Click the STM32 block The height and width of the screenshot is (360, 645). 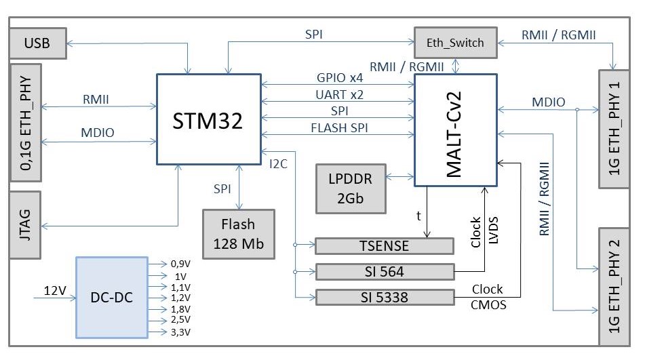(208, 119)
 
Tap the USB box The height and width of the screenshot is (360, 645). (37, 44)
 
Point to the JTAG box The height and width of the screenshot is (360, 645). (26, 224)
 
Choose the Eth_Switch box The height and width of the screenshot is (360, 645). (455, 43)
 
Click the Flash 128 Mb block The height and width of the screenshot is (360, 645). (239, 233)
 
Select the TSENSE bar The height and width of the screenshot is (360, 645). (385, 246)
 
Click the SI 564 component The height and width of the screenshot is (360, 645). (385, 272)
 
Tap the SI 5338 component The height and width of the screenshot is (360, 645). (385, 297)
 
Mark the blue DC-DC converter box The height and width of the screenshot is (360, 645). (111, 297)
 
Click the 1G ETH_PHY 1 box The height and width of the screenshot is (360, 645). (614, 128)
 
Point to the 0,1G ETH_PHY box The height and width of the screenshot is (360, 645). (26, 122)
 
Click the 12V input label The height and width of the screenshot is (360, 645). (55, 291)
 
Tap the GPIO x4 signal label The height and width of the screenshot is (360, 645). (340, 77)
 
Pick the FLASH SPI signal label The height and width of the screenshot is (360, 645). (340, 127)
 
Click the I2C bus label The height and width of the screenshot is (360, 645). (279, 163)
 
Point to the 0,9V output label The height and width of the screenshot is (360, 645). (179, 264)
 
